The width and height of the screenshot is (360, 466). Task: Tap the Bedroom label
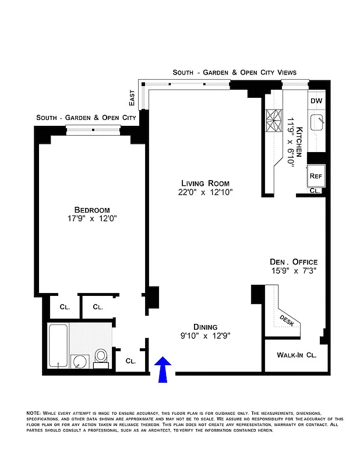(91, 210)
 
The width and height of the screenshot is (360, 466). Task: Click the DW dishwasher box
(316, 101)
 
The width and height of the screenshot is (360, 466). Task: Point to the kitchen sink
(317, 123)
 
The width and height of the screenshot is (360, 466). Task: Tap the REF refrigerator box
(316, 175)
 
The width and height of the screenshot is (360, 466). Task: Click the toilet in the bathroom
(101, 356)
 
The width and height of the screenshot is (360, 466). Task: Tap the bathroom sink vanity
(79, 362)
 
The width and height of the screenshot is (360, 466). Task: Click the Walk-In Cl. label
(296, 354)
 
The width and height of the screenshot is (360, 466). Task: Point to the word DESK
(287, 319)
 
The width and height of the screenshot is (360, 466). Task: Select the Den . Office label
(293, 262)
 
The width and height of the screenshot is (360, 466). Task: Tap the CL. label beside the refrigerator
(314, 190)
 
